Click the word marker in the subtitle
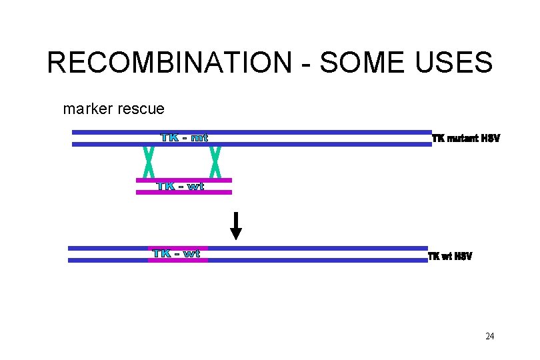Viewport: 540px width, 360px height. point(87,108)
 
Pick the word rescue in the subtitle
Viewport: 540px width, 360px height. point(140,108)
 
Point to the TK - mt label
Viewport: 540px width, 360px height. point(185,138)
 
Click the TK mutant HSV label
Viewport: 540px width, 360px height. point(466,139)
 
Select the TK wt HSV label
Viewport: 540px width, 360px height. point(449,257)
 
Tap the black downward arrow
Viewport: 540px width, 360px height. point(235,225)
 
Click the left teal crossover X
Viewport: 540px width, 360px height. point(149,162)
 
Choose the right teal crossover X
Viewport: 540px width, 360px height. point(215,162)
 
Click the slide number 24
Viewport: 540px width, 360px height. point(490,336)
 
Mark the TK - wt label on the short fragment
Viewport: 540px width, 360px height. point(181,187)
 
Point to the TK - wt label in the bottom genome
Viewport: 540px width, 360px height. point(177,254)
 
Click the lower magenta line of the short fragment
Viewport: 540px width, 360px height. point(183,193)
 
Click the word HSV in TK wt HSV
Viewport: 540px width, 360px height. point(463,257)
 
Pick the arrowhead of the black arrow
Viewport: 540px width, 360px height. point(235,233)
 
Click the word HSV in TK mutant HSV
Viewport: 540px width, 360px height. point(489,139)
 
